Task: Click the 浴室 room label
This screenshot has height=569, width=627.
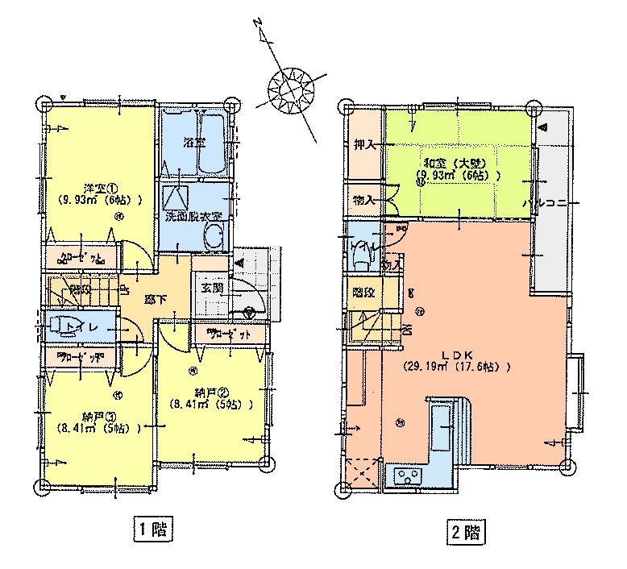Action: (x=193, y=143)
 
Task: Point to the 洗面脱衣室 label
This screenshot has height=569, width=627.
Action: (x=193, y=216)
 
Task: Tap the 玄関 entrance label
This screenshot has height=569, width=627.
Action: (x=210, y=288)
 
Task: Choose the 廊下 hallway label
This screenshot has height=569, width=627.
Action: (x=155, y=299)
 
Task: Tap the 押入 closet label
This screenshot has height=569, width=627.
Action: (x=363, y=145)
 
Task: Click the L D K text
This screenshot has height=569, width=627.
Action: (x=457, y=354)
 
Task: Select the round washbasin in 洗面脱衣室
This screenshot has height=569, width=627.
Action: (x=214, y=237)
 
